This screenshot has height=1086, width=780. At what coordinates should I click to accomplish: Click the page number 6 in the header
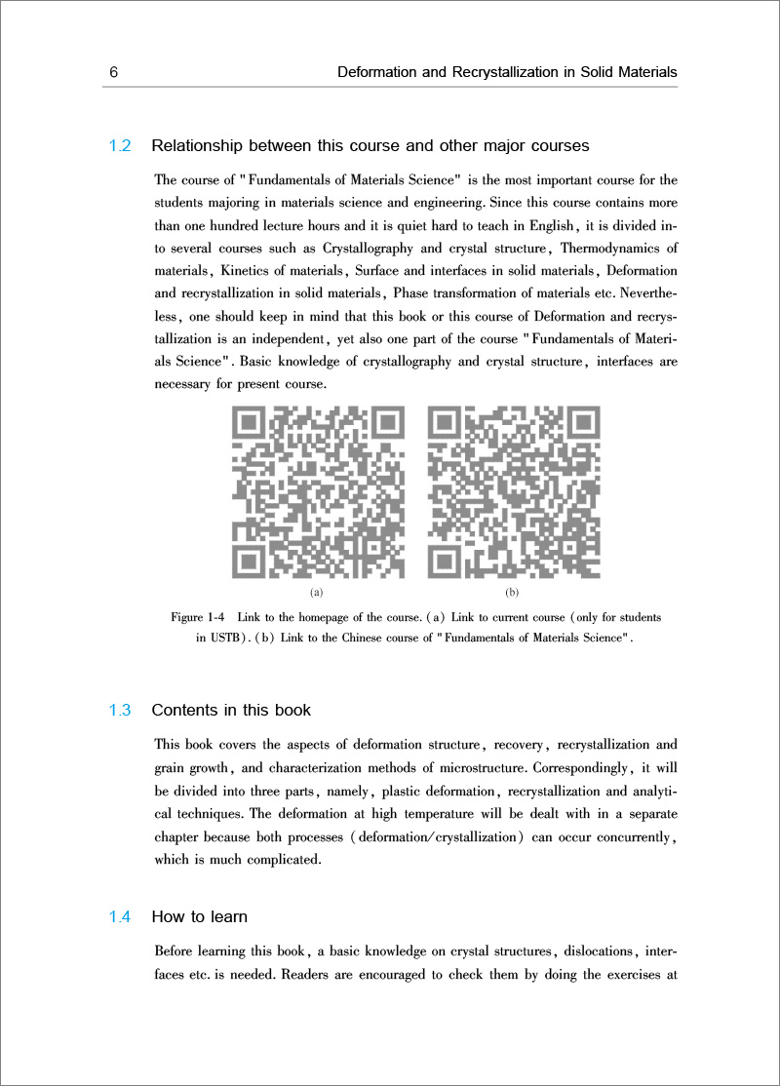114,72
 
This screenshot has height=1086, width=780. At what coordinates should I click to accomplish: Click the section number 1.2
120,146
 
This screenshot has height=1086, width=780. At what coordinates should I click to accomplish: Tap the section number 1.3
120,710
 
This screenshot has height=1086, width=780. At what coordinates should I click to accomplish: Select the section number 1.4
120,916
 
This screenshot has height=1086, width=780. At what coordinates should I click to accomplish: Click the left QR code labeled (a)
317,492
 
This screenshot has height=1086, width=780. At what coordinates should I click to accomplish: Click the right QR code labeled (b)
514,492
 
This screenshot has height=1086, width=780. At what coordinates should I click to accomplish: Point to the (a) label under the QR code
316,592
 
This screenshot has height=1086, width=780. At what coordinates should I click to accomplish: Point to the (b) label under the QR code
512,592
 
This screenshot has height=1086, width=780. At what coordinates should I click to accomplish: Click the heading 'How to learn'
199,916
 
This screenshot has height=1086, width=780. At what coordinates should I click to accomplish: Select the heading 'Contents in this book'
231,710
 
